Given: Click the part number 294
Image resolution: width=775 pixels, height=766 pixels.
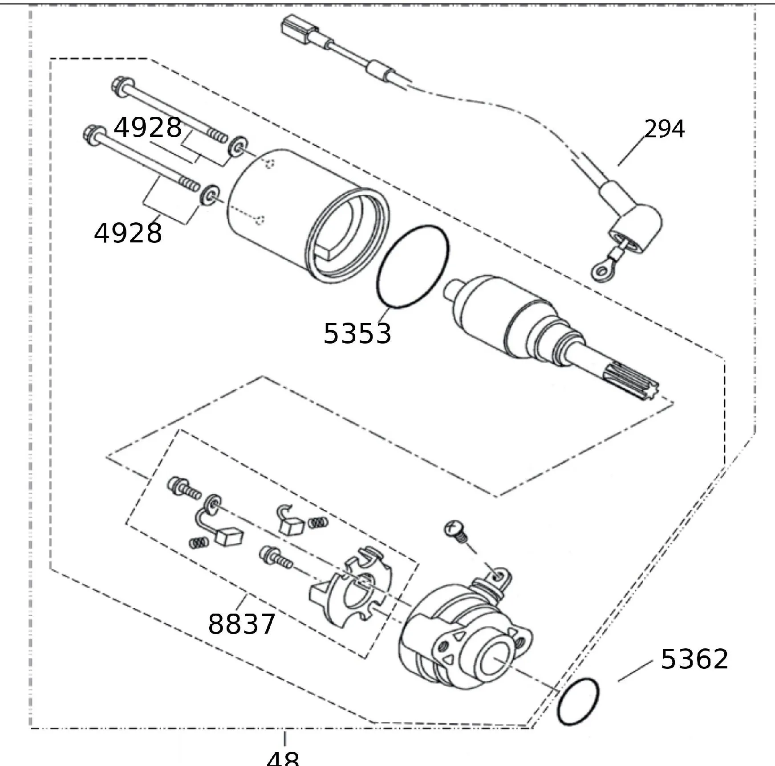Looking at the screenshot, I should (664, 129).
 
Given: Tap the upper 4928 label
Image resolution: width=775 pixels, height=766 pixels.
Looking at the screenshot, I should (148, 128).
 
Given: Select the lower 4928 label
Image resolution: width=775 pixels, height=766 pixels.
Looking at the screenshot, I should (128, 233).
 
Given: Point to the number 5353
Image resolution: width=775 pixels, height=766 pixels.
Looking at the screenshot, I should (357, 333).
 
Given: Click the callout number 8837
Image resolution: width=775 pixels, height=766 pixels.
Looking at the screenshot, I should (242, 624).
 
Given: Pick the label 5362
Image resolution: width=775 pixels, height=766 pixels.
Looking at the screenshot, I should (694, 659).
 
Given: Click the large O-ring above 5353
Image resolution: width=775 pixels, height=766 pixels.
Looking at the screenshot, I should (413, 266).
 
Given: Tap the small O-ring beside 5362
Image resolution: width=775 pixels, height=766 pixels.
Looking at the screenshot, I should (578, 701).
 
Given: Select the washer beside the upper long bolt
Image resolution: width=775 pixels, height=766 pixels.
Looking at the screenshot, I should (237, 146).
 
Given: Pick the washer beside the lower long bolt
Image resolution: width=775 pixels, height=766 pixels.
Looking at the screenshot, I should (210, 194).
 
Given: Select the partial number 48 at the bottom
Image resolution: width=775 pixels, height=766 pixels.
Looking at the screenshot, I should (283, 758).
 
